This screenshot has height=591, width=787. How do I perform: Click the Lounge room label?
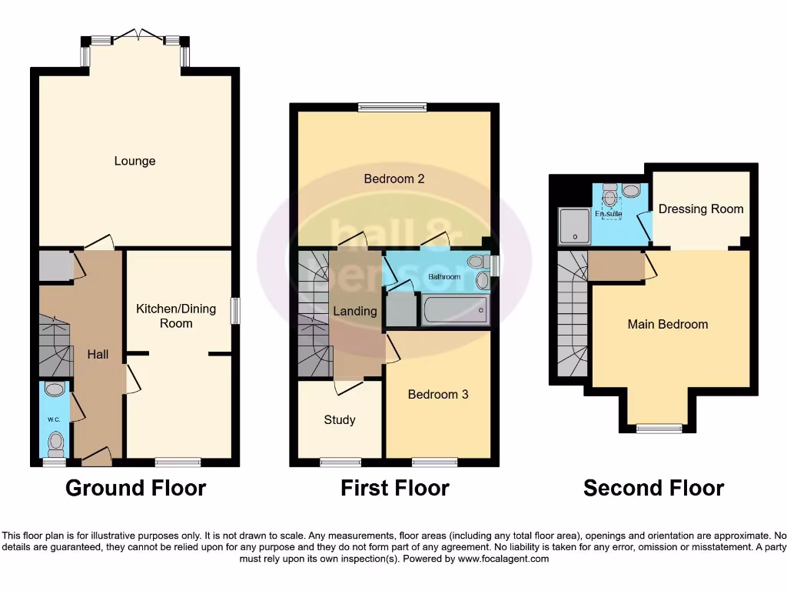click(x=134, y=161)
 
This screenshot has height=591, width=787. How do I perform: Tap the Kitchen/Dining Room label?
click(x=176, y=316)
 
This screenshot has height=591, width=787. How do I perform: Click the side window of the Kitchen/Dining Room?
click(x=235, y=311)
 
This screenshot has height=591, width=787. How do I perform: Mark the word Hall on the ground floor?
click(x=98, y=355)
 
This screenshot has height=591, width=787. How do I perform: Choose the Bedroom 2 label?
click(x=394, y=179)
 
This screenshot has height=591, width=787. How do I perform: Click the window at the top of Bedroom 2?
click(x=392, y=108)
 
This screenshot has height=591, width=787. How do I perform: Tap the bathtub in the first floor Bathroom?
click(x=454, y=312)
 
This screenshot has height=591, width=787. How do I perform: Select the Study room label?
click(x=339, y=419)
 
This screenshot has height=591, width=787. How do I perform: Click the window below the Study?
click(x=340, y=462)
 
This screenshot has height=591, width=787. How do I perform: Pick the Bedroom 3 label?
click(x=438, y=394)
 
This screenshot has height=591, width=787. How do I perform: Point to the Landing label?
click(x=354, y=311)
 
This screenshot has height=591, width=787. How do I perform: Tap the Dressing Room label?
click(x=701, y=209)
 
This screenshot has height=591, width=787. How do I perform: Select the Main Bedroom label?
click(x=668, y=324)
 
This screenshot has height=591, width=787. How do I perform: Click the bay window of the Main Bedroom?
click(x=659, y=429)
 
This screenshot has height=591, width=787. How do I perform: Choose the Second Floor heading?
click(x=653, y=488)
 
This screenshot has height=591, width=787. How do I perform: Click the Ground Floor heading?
click(x=135, y=488)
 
